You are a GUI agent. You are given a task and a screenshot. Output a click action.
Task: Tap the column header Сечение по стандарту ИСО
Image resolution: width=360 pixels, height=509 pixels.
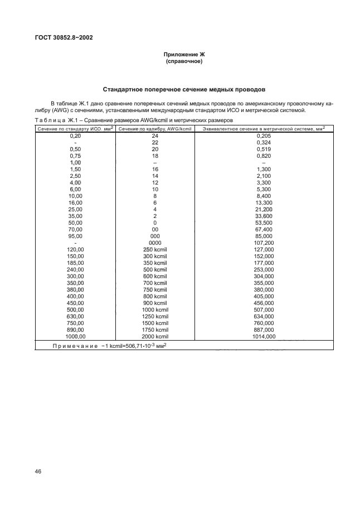click(x=75, y=129)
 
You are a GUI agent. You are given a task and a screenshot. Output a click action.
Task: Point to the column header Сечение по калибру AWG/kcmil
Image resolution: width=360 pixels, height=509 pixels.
click(x=155, y=129)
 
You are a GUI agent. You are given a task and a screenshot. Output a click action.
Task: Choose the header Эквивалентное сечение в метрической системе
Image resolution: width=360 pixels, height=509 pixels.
click(x=264, y=129)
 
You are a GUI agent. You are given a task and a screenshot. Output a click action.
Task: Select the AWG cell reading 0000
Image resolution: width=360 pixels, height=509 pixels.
click(x=155, y=243)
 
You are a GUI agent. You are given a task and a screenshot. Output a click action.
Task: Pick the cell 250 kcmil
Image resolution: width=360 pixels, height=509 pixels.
click(x=155, y=250)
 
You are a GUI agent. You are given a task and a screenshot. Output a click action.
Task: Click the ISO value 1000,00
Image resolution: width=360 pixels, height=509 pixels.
click(x=75, y=337)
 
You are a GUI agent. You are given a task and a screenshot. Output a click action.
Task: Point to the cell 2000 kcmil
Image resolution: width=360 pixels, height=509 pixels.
click(x=155, y=337)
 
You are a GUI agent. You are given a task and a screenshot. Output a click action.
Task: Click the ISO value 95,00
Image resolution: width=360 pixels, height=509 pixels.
click(x=75, y=236)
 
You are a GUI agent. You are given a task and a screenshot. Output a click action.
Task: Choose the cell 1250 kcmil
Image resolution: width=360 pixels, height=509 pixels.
click(x=155, y=317)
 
